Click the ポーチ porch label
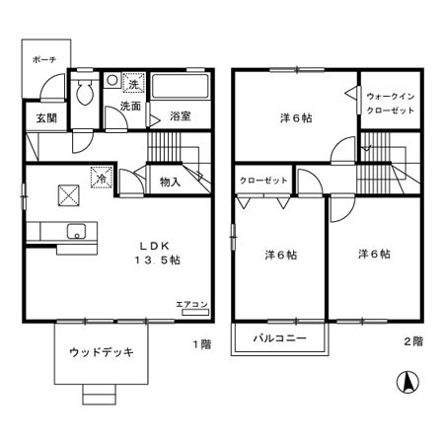[43, 60]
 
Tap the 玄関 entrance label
[45, 118]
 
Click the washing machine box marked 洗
[132, 83]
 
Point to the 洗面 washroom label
[130, 106]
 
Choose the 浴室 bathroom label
[179, 115]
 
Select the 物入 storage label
[170, 182]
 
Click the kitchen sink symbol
[75, 233]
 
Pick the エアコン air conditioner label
[191, 305]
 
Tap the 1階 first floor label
[201, 344]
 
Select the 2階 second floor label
[412, 341]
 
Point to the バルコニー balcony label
[279, 337]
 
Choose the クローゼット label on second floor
[263, 180]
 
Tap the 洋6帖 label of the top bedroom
[295, 117]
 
